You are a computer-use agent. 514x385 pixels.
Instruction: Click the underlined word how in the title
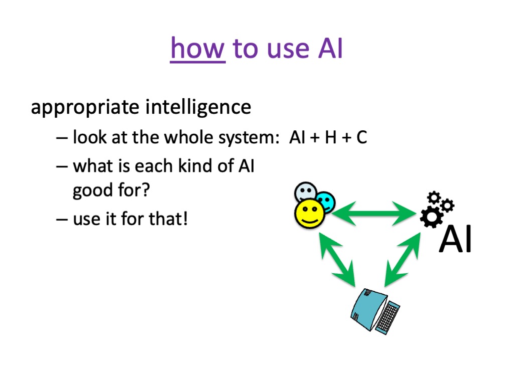(198, 49)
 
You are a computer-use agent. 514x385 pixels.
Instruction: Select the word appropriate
(85, 108)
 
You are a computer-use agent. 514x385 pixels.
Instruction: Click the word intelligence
(198, 107)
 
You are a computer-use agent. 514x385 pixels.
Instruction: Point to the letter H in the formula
(331, 137)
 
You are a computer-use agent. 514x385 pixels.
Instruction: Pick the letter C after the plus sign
(361, 137)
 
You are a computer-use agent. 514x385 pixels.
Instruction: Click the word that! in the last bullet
(168, 219)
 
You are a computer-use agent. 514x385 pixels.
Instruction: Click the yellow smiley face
(309, 214)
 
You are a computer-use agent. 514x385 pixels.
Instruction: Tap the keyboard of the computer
(388, 317)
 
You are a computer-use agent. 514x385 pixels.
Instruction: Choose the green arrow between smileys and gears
(373, 214)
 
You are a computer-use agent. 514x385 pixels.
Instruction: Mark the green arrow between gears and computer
(403, 260)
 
